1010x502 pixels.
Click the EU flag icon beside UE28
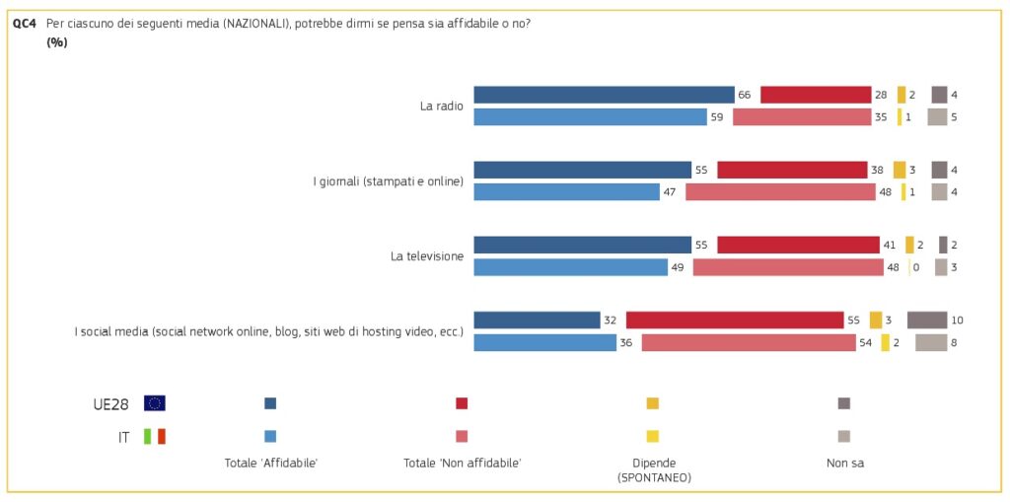click(155, 403)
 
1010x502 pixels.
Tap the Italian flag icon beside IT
click(155, 436)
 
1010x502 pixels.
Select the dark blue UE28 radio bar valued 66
click(604, 95)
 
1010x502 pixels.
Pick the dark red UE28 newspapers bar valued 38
click(792, 170)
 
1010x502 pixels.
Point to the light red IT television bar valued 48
click(788, 267)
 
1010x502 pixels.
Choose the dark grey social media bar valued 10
click(927, 320)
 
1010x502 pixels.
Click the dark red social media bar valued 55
click(735, 320)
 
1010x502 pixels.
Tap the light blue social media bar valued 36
click(544, 342)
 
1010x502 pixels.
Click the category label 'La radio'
click(441, 106)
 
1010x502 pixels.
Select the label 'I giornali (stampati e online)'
click(388, 180)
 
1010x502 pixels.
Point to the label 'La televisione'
click(427, 256)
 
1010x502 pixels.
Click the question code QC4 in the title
click(25, 23)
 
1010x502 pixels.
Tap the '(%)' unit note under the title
click(57, 41)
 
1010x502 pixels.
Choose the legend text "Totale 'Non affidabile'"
click(462, 462)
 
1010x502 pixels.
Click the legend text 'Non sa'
click(844, 462)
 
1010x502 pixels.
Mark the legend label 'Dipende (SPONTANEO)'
click(654, 469)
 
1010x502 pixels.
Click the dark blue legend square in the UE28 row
click(270, 403)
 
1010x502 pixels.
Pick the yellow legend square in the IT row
click(652, 436)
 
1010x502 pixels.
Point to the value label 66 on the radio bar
click(745, 95)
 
